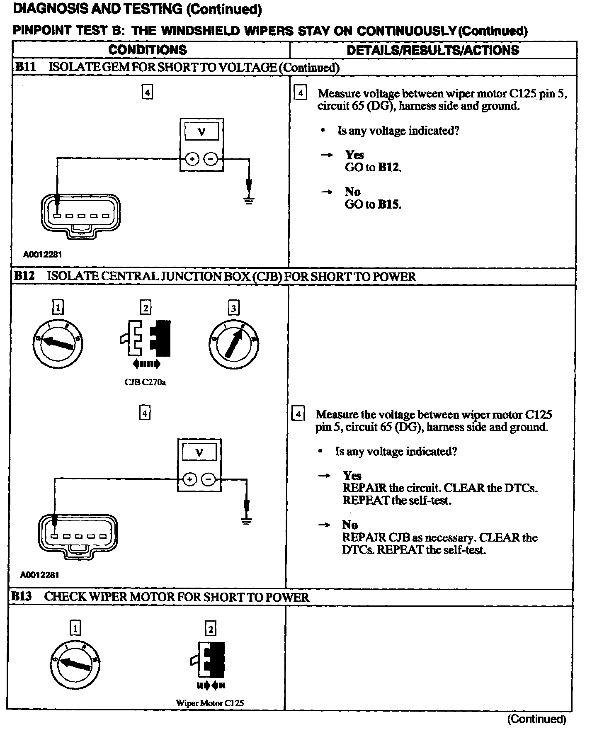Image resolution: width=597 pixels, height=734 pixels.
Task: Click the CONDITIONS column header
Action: pos(148,50)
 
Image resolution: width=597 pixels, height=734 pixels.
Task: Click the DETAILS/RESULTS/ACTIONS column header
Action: pos(432,50)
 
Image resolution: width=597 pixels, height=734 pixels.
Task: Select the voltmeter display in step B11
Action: pos(201,132)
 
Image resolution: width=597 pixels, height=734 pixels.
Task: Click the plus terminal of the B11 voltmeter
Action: pos(192,159)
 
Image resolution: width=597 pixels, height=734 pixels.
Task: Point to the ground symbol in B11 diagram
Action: pos(248,202)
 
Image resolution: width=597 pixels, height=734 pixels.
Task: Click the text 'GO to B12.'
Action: pos(373,167)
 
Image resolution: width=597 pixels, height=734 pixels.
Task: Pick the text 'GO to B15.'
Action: pos(373,204)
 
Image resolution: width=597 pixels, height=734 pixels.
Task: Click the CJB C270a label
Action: pos(145,382)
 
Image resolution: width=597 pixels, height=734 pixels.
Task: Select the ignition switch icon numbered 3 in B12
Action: pos(234,344)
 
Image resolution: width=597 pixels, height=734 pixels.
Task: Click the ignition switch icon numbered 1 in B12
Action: pos(58,343)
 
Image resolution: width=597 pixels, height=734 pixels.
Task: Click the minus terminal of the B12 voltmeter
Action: pos(209,480)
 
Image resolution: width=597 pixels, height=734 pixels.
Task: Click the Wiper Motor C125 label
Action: pos(210,703)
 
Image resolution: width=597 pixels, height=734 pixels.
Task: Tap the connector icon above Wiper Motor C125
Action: pos(210,660)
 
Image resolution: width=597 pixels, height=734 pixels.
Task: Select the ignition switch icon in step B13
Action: pos(75,665)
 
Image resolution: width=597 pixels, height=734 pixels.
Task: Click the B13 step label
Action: pos(21,597)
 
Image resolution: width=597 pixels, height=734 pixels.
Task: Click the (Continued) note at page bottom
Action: pos(536,719)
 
